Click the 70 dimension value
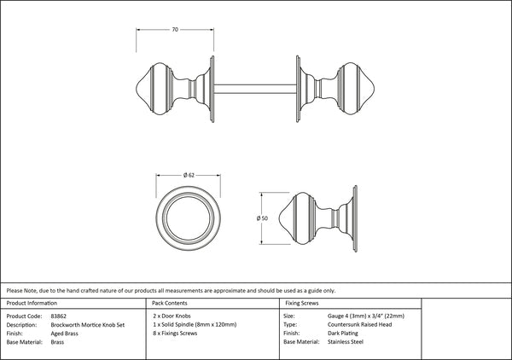coord(175,30)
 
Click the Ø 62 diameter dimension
coord(189,175)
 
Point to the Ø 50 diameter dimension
coord(262,218)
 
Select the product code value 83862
coord(58,316)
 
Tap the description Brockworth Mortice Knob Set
coord(88,325)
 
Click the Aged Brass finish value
coord(64,334)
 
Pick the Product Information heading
coord(32,303)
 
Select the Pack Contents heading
coord(170,303)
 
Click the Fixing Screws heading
coord(302,303)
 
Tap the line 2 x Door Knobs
coord(172,316)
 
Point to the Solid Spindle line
coord(195,324)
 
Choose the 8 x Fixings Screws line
coord(175,334)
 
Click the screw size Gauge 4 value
coord(366,316)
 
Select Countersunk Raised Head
coord(360,324)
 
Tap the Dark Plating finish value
coord(343,334)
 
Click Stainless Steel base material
coord(346,342)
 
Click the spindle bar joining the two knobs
coord(255,89)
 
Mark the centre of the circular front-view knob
coord(188,218)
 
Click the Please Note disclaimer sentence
coord(171,291)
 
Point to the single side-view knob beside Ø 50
coord(318,218)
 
